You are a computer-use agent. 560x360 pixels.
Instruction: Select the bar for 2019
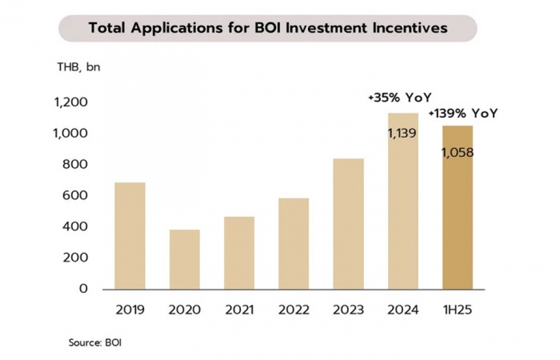(x=130, y=236)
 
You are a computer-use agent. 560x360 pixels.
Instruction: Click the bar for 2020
(x=184, y=259)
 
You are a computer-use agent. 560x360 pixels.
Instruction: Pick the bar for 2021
(x=239, y=253)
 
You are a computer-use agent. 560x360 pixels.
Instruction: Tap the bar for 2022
(x=293, y=244)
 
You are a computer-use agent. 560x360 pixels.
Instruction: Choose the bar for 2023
(x=348, y=224)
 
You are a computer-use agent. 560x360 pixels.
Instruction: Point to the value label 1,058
(x=457, y=152)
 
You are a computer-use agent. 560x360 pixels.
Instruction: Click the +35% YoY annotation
(x=400, y=97)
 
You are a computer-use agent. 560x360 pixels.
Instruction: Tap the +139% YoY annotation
(x=463, y=114)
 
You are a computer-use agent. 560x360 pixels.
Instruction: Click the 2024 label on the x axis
(x=403, y=310)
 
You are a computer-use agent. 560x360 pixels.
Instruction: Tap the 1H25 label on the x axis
(x=457, y=310)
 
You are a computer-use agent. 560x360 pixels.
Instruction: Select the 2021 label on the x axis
(x=239, y=310)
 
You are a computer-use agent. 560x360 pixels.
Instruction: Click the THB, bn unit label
(x=78, y=68)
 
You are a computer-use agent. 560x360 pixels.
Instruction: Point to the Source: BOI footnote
(x=95, y=342)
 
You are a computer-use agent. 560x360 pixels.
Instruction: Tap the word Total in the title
(x=107, y=28)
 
